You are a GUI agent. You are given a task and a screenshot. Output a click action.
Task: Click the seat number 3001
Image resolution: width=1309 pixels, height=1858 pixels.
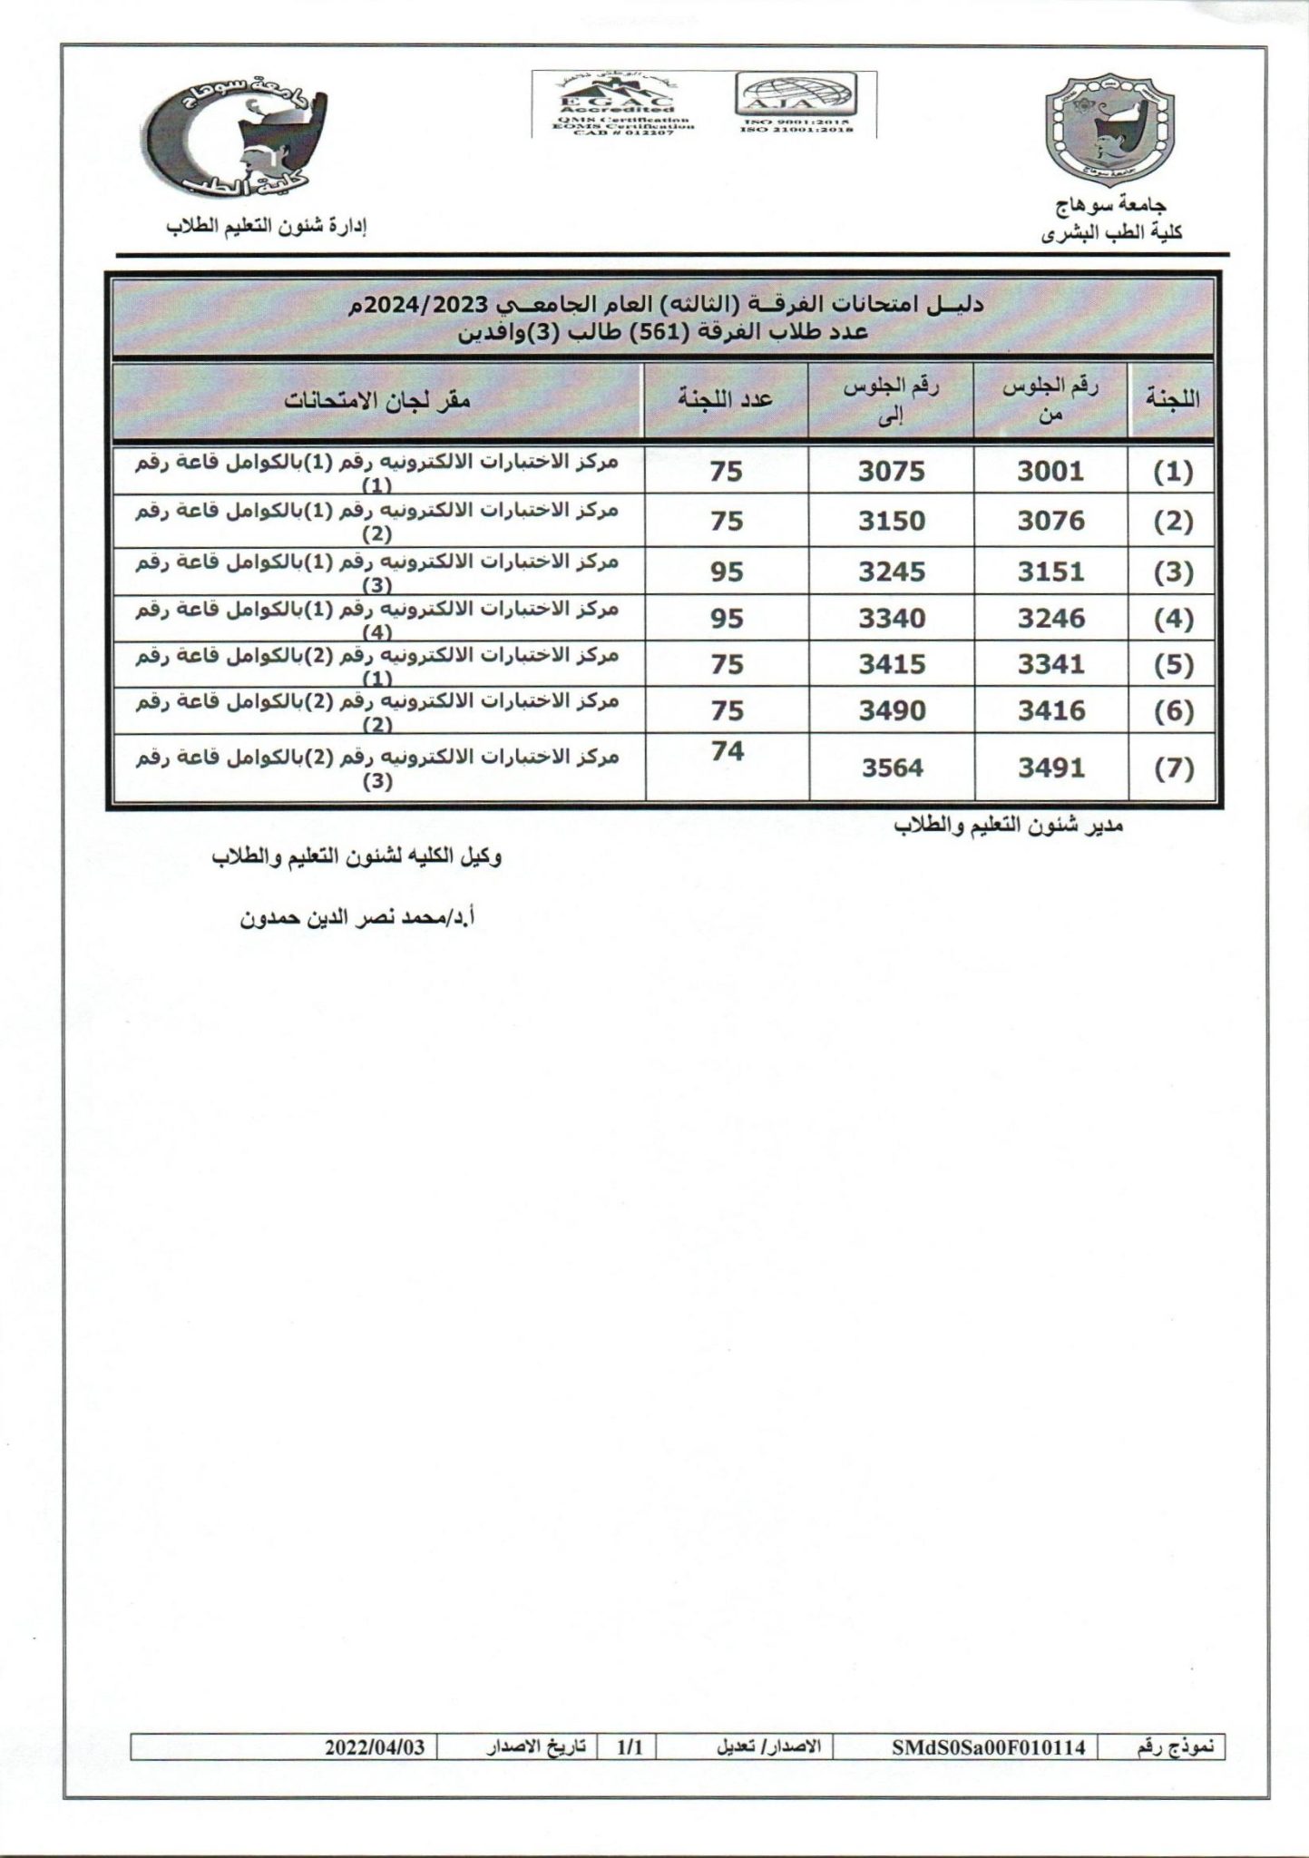(1050, 471)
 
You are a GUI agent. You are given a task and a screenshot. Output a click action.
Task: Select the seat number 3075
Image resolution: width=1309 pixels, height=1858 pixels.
(892, 471)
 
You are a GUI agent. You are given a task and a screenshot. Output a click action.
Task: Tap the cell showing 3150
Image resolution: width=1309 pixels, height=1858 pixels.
(892, 522)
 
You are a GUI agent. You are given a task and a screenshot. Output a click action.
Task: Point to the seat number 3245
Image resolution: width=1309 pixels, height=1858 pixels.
(892, 572)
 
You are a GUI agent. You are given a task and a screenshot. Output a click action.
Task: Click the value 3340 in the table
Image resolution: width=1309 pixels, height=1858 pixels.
(892, 619)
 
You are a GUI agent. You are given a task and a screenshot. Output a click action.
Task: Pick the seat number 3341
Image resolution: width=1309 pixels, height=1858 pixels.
(1050, 665)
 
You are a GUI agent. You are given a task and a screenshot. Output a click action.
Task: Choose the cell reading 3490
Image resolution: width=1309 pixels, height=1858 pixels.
(892, 711)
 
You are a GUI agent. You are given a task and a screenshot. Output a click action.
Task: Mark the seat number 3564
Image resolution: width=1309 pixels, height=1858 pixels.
(892, 768)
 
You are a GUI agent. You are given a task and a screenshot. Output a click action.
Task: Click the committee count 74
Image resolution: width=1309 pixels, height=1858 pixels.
(727, 752)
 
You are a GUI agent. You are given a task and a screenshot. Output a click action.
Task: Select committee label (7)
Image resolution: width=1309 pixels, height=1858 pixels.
(1173, 769)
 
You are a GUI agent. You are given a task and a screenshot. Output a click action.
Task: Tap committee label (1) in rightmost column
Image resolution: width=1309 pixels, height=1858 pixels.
(1173, 472)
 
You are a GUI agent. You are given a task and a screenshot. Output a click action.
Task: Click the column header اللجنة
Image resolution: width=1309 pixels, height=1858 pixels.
(1172, 399)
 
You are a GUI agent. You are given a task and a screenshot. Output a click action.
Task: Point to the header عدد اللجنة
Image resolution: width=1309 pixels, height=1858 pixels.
(726, 400)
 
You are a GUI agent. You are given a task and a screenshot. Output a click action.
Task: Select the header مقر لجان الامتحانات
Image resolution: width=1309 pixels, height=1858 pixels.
(378, 400)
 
